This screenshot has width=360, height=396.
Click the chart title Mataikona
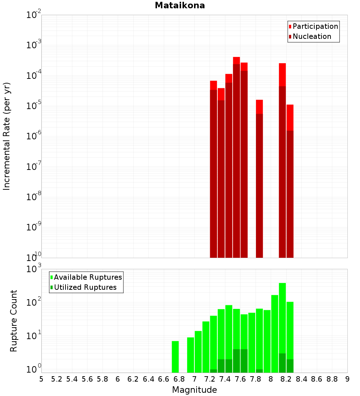(180, 6)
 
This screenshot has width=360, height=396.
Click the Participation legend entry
(315, 26)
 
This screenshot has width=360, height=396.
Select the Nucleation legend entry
(311, 36)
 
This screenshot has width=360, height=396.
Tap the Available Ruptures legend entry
(87, 277)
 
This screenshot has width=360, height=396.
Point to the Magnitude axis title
(194, 390)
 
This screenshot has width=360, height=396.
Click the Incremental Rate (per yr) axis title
(7, 136)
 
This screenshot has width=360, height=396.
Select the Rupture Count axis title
(14, 321)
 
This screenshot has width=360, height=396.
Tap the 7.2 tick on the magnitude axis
(210, 379)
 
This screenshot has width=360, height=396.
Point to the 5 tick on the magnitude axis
(41, 379)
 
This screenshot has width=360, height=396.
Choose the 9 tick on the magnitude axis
(347, 379)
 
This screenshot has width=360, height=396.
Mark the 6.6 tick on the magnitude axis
(163, 379)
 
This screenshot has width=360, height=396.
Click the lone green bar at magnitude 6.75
(175, 357)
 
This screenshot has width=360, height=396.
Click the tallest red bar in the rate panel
(237, 158)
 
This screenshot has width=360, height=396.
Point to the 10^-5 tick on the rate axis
(34, 106)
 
